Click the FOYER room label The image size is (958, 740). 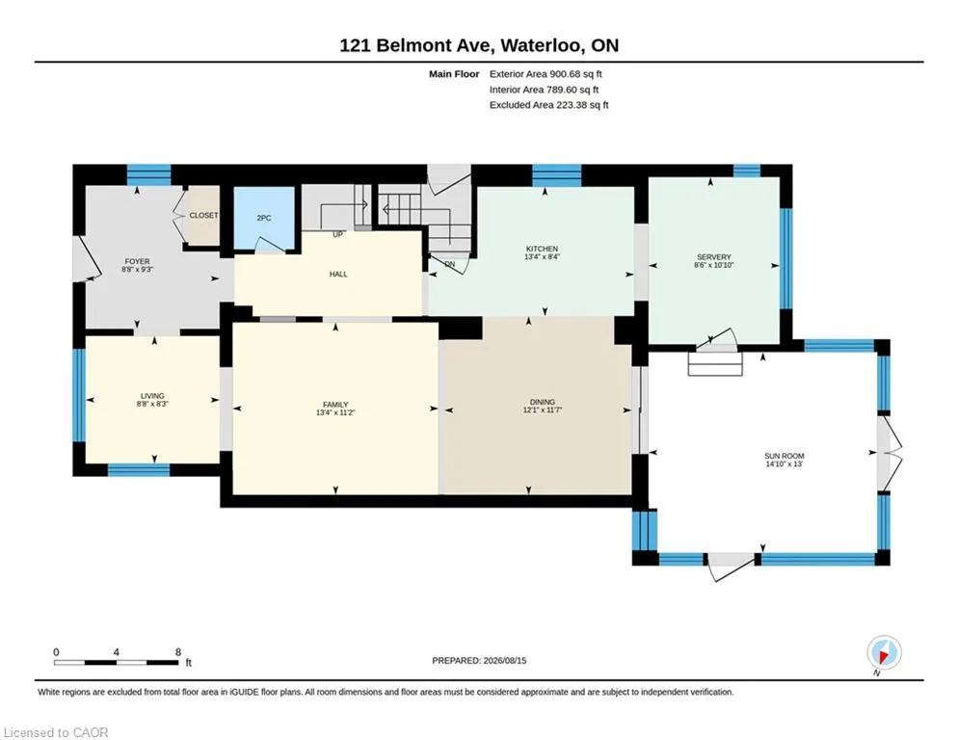(x=137, y=261)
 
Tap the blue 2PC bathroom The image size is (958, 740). (x=264, y=218)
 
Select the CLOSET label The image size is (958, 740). (x=203, y=216)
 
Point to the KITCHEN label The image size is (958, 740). (x=542, y=249)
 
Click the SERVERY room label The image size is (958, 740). (x=713, y=257)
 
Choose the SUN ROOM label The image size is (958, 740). (x=784, y=456)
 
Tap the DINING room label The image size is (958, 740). (x=543, y=402)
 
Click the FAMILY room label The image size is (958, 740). (x=335, y=405)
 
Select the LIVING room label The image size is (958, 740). (x=152, y=396)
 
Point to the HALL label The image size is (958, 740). (x=338, y=275)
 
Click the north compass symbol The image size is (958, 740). (x=884, y=653)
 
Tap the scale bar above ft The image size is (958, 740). (x=116, y=662)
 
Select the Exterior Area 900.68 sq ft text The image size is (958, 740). (x=546, y=74)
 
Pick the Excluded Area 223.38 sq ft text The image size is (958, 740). (x=548, y=104)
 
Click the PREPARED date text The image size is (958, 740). (x=479, y=661)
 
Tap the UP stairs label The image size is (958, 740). (x=337, y=234)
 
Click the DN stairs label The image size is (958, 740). (x=450, y=264)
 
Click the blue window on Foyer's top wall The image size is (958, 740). (x=148, y=175)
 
